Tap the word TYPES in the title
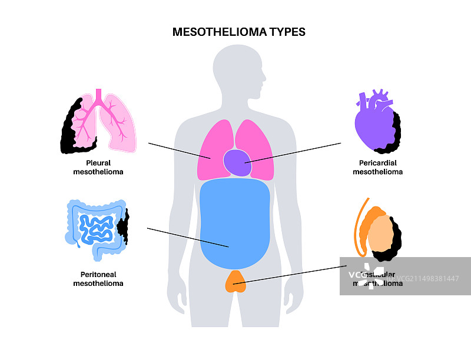pyautogui.click(x=286, y=32)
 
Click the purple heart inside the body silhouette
pyautogui.click(x=238, y=162)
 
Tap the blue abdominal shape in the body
pyautogui.click(x=235, y=224)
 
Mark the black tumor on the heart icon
pyautogui.click(x=397, y=132)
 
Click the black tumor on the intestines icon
pyautogui.click(x=124, y=229)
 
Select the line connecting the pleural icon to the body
pyautogui.click(x=180, y=150)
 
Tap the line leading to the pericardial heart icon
pyautogui.click(x=294, y=152)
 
